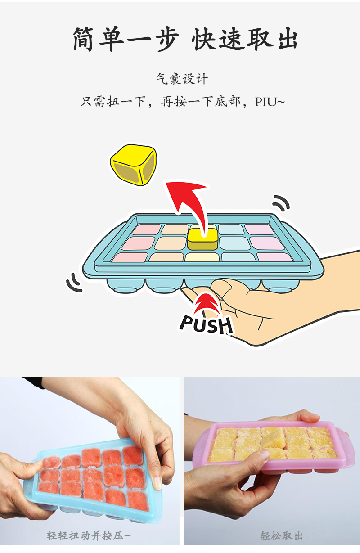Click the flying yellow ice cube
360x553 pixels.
134,164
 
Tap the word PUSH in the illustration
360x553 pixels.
206,324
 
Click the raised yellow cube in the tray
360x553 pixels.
202,239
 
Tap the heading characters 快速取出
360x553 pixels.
245,40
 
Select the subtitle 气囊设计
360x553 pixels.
182,79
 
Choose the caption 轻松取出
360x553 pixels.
281,535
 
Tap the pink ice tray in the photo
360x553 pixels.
270,450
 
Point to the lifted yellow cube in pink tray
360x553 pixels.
273,437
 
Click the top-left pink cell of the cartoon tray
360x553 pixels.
146,229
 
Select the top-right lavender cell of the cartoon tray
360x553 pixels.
260,229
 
